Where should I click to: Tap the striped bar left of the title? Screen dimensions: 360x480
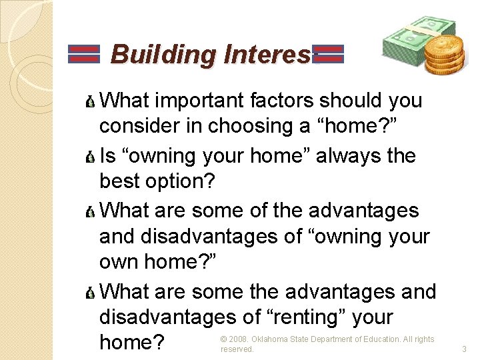[84, 54]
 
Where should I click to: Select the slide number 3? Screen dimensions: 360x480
[464, 349]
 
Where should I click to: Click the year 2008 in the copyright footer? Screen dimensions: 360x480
[238, 339]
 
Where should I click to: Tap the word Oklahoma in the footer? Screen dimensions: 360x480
[269, 339]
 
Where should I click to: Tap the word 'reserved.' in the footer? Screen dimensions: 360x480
[237, 349]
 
